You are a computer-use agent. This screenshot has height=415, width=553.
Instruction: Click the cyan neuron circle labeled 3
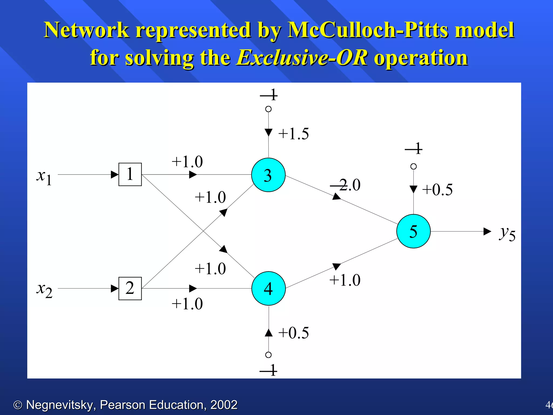pyautogui.click(x=268, y=175)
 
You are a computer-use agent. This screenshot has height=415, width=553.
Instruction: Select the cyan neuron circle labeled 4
pyautogui.click(x=268, y=288)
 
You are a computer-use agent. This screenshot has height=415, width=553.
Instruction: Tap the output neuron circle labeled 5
pyautogui.click(x=413, y=231)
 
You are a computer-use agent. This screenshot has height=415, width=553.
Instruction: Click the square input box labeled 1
pyautogui.click(x=130, y=174)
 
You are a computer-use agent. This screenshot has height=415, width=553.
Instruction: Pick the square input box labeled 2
pyautogui.click(x=130, y=288)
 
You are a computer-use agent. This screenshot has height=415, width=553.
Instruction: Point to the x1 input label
pyautogui.click(x=44, y=177)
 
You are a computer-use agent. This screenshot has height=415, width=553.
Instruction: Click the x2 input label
pyautogui.click(x=44, y=290)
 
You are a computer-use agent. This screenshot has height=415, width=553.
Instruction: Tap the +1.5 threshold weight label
pyautogui.click(x=294, y=134)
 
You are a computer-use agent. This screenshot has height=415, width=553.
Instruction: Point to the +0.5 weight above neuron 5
pyautogui.click(x=437, y=190)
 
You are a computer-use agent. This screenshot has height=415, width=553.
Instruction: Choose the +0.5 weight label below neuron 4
pyautogui.click(x=294, y=333)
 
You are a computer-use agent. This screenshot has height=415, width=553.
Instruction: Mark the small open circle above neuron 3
pyautogui.click(x=268, y=109)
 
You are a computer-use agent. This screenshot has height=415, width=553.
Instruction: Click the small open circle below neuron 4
pyautogui.click(x=268, y=355)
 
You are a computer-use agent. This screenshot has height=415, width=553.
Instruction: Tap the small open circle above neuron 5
pyautogui.click(x=413, y=166)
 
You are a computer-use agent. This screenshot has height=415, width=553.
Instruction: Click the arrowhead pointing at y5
pyautogui.click(x=487, y=232)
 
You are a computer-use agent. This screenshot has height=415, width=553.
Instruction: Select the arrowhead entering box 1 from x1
pyautogui.click(x=115, y=175)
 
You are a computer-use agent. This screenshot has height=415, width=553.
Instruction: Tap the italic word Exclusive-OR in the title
pyautogui.click(x=302, y=58)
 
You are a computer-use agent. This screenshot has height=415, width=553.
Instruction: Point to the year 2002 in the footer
pyautogui.click(x=224, y=405)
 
